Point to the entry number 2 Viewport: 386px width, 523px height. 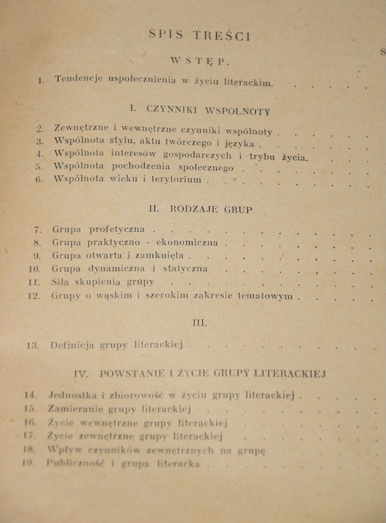[40, 129]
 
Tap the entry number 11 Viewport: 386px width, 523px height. [35, 282]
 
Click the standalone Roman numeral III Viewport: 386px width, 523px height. [199, 323]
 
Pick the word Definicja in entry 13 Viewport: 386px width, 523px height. [72, 345]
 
